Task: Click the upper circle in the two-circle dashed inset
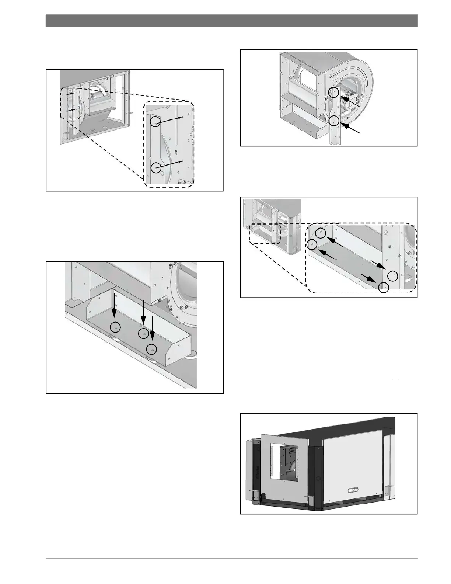tap(156, 121)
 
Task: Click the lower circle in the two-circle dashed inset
tap(156, 168)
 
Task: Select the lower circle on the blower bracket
tap(334, 120)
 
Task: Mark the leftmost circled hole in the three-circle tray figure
tap(115, 327)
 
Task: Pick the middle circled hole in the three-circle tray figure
tap(143, 333)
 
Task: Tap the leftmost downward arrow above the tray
tap(115, 307)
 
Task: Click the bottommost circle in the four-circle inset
tap(384, 287)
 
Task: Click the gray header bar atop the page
tap(231, 21)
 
